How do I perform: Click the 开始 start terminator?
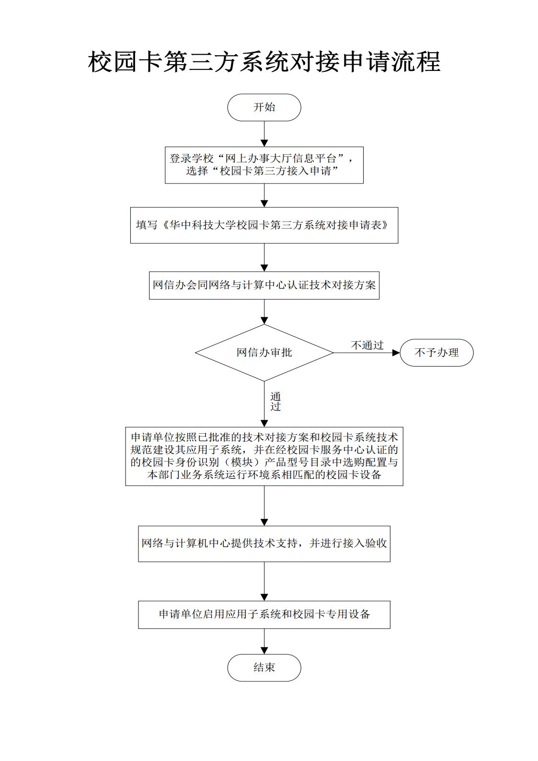[264, 107]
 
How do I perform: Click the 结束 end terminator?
[264, 667]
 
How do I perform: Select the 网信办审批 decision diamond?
[264, 353]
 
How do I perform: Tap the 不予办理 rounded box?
[436, 353]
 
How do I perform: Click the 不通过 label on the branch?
[367, 345]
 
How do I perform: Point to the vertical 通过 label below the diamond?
[275, 402]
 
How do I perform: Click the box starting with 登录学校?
[264, 165]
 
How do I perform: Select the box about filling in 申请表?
[264, 225]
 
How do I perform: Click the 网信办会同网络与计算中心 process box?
[264, 285]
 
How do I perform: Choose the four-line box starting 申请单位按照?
[264, 456]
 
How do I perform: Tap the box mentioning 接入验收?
[264, 543]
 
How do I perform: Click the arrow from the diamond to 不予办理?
[366, 353]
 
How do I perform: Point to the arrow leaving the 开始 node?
[264, 134]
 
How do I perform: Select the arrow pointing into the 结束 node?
[264, 641]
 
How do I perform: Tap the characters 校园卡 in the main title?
[125, 62]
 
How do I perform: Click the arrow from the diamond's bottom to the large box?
[264, 404]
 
